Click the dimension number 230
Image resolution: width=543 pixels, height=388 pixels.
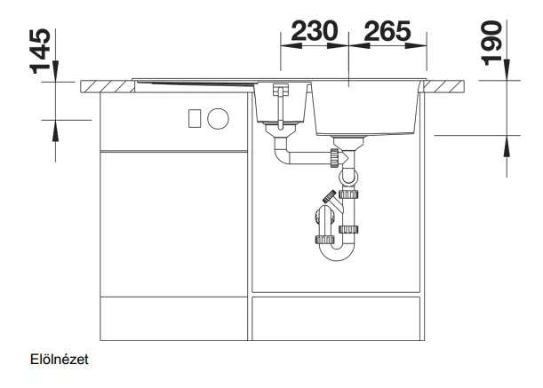point(315,31)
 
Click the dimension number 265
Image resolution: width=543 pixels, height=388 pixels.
point(387,31)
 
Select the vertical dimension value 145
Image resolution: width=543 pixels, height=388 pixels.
point(41,51)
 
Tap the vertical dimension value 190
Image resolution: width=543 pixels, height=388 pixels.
point(491,44)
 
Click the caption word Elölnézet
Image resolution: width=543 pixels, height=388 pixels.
point(60,360)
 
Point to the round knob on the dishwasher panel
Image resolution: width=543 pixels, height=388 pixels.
point(218,118)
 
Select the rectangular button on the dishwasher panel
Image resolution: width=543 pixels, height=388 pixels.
point(195,118)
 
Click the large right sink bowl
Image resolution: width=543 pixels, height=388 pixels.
point(368,108)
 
